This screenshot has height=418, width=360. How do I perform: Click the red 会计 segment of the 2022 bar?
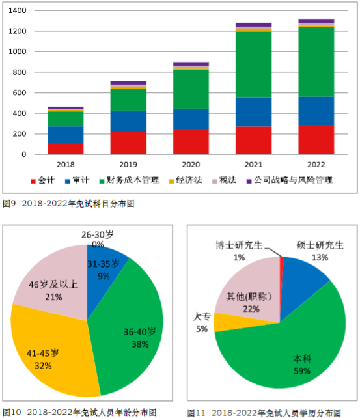[x=316, y=140]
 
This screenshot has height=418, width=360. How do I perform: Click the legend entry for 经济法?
[x=184, y=180]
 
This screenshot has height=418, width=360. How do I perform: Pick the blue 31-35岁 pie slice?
[x=104, y=267]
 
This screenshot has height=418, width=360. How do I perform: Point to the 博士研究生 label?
[x=239, y=245]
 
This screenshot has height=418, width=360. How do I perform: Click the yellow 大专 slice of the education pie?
[x=228, y=322]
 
